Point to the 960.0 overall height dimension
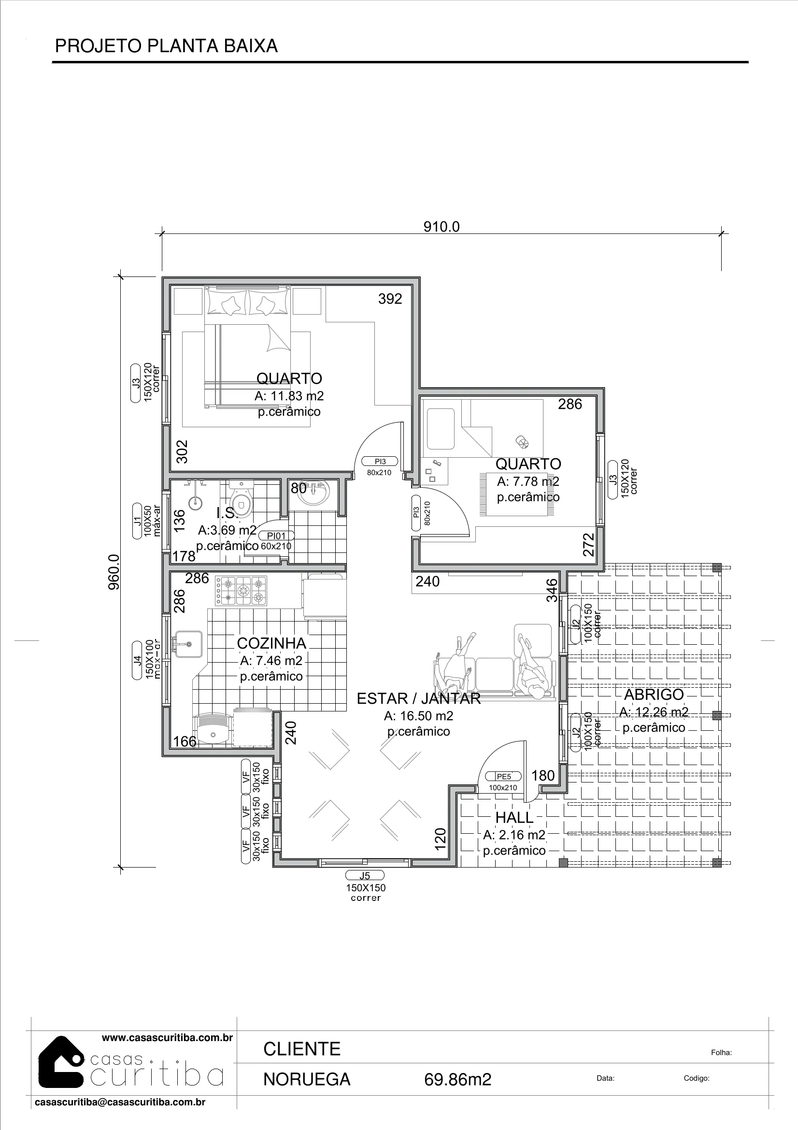(x=114, y=572)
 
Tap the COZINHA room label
(x=271, y=643)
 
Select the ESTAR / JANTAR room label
(x=419, y=698)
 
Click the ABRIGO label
(x=654, y=695)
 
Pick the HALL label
(x=514, y=817)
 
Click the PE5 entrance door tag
(x=504, y=777)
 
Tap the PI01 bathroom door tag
(x=276, y=536)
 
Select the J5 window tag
(x=365, y=876)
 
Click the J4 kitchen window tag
(x=138, y=660)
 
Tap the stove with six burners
(x=241, y=591)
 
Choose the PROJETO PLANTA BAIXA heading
(x=166, y=46)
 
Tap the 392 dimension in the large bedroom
(x=390, y=299)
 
